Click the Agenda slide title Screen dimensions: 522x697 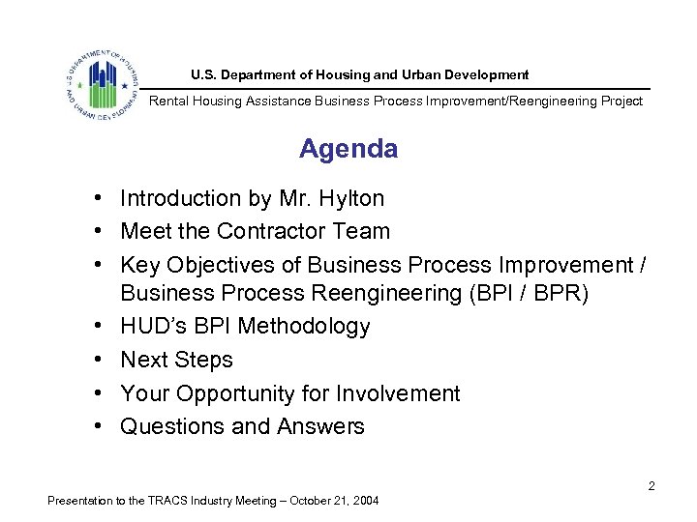tap(348, 149)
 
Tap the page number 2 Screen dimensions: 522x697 tap(652, 486)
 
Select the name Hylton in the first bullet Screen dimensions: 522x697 tap(351, 199)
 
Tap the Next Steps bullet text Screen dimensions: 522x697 tap(176, 360)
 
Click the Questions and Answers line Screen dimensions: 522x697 tap(242, 426)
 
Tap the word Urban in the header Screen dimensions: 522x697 tap(435, 74)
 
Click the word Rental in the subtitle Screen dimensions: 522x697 tap(168, 101)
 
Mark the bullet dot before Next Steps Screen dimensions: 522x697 tap(100, 360)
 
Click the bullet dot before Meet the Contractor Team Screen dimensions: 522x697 tap(100, 232)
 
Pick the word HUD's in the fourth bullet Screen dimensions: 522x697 tap(146, 327)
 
